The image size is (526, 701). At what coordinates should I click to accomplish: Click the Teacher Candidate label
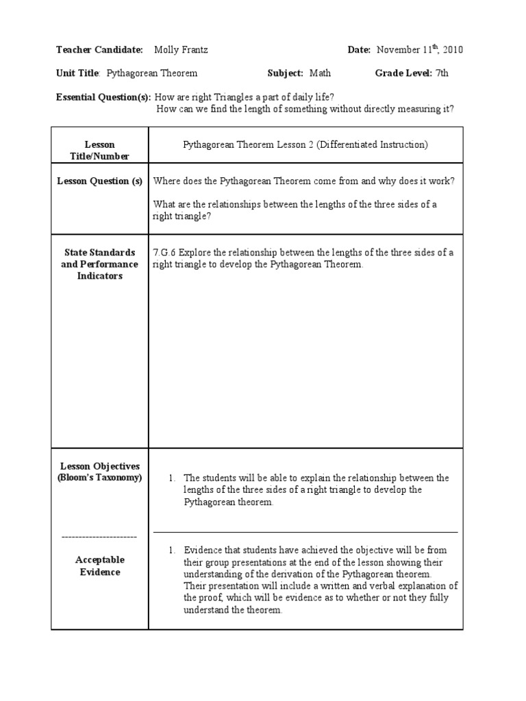click(x=99, y=50)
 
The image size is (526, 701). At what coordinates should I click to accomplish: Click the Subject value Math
click(x=320, y=73)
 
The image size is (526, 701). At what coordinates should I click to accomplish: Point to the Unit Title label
click(x=77, y=73)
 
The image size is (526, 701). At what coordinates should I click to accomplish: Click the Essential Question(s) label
click(x=103, y=97)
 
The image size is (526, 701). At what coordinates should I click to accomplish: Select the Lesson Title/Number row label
click(x=99, y=151)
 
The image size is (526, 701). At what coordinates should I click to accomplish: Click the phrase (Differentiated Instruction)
click(x=371, y=144)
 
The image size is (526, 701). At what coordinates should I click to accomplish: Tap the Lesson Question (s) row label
click(x=99, y=181)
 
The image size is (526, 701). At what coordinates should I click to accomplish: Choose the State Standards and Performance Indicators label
click(x=99, y=264)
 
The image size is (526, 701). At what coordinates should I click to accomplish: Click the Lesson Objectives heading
click(x=99, y=466)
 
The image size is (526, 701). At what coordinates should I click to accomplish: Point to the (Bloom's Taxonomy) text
click(x=99, y=477)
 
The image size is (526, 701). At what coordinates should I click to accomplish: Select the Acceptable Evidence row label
click(x=99, y=566)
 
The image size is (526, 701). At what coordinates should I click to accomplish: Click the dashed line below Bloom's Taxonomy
click(x=99, y=537)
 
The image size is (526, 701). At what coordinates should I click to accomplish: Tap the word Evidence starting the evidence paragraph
click(x=203, y=550)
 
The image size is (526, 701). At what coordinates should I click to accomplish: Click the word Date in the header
click(x=359, y=50)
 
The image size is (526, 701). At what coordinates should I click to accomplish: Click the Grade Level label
click(x=403, y=73)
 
